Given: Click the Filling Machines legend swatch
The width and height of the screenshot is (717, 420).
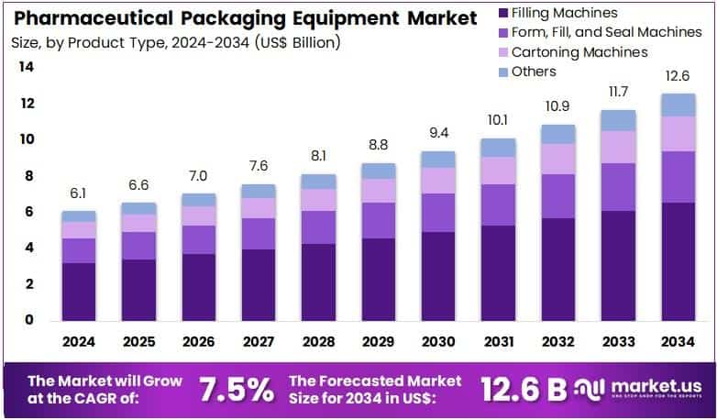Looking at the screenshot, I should click(501, 13).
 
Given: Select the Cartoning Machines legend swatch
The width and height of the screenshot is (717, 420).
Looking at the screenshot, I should click(501, 52).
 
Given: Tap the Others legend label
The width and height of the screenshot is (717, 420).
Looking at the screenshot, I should click(534, 72).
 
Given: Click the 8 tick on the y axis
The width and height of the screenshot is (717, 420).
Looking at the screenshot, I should click(28, 176).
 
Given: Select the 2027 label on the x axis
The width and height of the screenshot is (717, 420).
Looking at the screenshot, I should click(258, 342).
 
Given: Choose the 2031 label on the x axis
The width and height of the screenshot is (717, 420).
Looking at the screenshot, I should click(497, 342).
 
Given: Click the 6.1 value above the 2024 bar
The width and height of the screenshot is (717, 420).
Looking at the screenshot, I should click(78, 194).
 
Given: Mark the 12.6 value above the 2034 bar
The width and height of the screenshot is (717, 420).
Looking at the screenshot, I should click(677, 76).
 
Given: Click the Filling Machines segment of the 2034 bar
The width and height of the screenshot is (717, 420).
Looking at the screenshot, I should click(677, 261).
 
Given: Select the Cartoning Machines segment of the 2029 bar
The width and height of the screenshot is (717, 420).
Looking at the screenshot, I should click(378, 190).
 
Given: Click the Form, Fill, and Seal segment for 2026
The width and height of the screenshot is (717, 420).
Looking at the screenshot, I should click(198, 239).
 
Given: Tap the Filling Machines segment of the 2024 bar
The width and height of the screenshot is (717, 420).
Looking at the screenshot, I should click(78, 292).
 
